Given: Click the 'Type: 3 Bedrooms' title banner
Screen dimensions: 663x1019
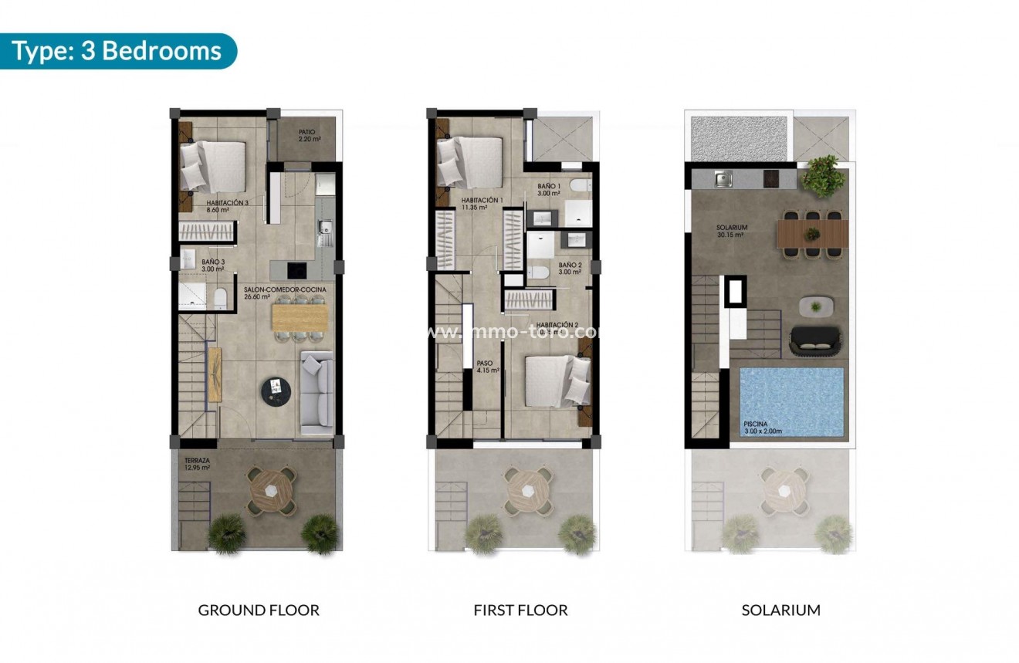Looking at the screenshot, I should coord(117,51).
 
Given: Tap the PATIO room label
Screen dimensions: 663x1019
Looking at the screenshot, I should coord(307,136).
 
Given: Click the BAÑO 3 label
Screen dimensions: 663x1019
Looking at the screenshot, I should coord(213,265).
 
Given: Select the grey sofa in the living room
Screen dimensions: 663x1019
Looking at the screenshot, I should coord(316,391).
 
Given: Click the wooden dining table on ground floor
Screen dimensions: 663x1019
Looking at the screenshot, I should coord(300,316).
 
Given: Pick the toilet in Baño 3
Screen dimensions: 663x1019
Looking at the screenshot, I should coord(220,298).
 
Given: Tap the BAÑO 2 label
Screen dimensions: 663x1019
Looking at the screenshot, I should coord(570,268).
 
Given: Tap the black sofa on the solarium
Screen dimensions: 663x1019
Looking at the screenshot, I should coord(818,340).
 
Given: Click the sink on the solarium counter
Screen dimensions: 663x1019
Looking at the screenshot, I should coord(723,180).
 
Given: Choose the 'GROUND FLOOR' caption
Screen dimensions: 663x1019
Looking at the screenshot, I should coord(259,610).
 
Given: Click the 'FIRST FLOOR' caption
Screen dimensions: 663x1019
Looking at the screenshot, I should coord(520,610).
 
